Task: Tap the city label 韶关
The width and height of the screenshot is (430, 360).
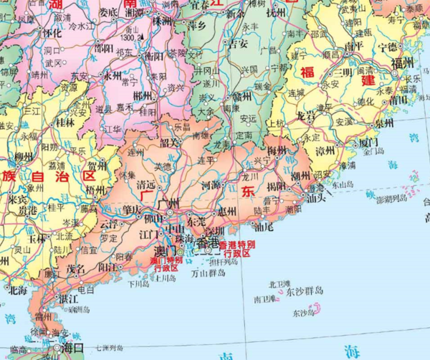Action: coord(170,143)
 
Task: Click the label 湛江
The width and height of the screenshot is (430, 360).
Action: coord(69,298)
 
